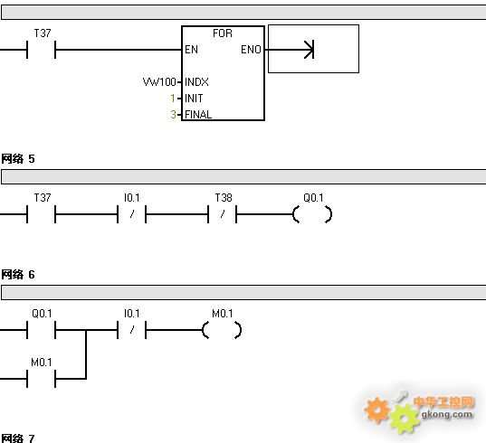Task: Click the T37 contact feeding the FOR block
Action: coord(42,50)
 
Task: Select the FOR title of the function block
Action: coord(223,33)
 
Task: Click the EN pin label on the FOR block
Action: coord(191,50)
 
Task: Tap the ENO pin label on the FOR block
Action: coord(251,50)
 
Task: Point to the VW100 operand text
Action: coord(159,82)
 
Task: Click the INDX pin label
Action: coord(196,82)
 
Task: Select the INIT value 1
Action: coord(173,99)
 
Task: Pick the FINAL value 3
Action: coord(173,115)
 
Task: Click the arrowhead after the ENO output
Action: coord(310,50)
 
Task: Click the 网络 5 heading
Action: coord(18,159)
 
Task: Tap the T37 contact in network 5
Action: coord(42,214)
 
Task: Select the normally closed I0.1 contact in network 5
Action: coord(132,214)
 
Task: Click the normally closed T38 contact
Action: coord(223,214)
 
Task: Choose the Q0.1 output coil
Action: coord(312,214)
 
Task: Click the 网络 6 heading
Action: coord(18,275)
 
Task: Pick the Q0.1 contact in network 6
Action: coord(42,330)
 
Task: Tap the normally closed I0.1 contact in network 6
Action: coord(132,330)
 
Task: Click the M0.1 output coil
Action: coord(222,330)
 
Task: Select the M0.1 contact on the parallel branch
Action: coord(42,379)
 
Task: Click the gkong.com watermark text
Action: coord(447,414)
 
